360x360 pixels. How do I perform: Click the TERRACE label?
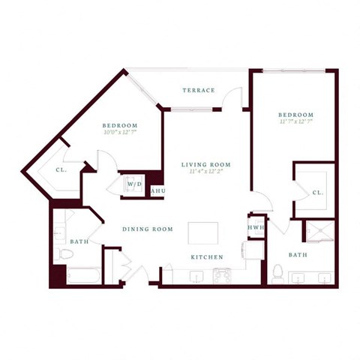point(198,90)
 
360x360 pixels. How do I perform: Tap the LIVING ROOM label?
point(205,164)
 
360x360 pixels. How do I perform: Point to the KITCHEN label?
point(207,257)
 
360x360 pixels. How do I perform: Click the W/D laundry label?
point(135,184)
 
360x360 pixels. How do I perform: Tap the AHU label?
point(158,191)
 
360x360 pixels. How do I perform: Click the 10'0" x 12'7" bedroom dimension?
point(120,133)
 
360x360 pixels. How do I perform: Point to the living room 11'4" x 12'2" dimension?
point(205,172)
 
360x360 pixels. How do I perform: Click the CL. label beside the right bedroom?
point(317,193)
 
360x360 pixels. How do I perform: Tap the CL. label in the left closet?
point(61,169)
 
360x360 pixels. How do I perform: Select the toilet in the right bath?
point(277,271)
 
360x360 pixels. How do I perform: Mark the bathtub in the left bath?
point(81,276)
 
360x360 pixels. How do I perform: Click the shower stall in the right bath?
point(315,232)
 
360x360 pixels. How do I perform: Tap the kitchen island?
point(202,233)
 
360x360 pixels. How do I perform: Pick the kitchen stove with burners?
point(223,276)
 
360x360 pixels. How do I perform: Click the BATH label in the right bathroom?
point(298,254)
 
